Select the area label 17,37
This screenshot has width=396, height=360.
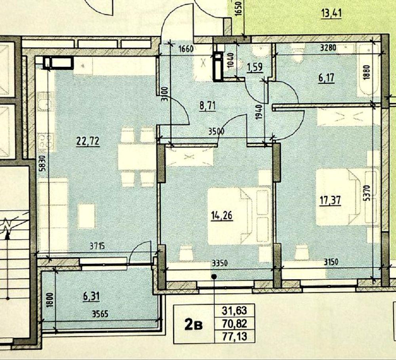tap(330, 201)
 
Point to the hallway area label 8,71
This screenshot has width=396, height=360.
tap(208, 106)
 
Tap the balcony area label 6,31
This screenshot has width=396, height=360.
tap(91, 296)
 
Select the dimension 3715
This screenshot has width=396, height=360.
tap(97, 246)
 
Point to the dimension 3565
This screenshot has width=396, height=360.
tap(100, 314)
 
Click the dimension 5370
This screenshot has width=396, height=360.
tap(367, 193)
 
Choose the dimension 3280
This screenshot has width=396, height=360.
tap(328, 48)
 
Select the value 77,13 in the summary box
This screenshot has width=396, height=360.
tap(234, 337)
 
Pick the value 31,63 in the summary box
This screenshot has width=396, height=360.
tap(234, 311)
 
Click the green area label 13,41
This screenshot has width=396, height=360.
tap(331, 13)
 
